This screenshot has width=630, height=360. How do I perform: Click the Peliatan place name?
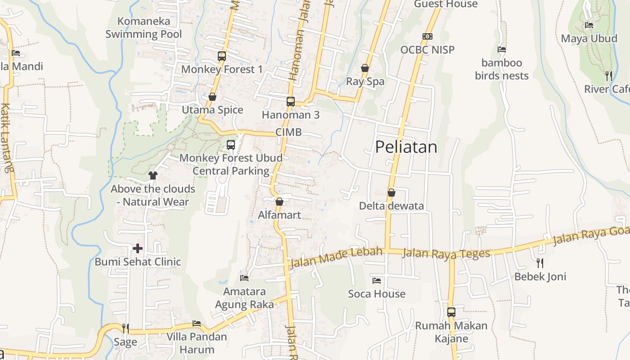[x=406, y=147]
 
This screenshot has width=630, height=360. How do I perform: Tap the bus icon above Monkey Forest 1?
[x=222, y=56]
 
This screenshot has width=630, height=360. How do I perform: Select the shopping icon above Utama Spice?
[x=212, y=97]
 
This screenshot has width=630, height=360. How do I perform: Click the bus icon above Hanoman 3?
[x=291, y=102]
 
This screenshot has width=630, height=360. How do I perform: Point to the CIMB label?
[x=288, y=132]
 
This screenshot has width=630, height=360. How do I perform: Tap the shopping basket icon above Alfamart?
[x=279, y=202]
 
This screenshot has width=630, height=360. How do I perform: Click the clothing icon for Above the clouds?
[x=153, y=175]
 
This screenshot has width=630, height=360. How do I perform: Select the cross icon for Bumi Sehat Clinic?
[x=138, y=248]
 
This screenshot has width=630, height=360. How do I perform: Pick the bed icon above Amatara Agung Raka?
[x=244, y=278]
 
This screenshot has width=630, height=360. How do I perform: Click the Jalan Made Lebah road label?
[x=337, y=257]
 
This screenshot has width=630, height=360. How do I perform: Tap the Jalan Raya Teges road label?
[x=445, y=253]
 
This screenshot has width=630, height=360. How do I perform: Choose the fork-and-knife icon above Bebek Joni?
[x=540, y=263]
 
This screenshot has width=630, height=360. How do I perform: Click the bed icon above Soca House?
[x=377, y=281]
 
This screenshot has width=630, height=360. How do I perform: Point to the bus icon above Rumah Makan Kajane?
[x=451, y=312]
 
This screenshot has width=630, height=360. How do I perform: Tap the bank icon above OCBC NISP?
[x=427, y=36]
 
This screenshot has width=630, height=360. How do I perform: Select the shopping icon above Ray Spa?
[x=365, y=68]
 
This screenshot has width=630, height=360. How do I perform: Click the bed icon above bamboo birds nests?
[x=502, y=49]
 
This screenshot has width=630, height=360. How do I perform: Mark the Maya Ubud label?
[x=589, y=38]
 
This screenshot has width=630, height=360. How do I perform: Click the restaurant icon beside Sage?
[x=125, y=328]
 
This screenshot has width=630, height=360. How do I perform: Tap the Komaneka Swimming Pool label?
[x=144, y=27]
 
